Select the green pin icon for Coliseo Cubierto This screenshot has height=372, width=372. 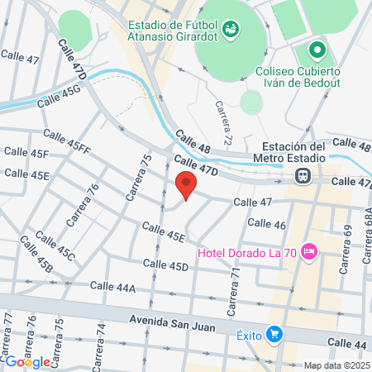316,50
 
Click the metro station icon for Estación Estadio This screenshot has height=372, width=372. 303,175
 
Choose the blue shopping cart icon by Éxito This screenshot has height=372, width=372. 275,333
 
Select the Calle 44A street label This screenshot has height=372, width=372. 114,288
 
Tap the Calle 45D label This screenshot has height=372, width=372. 166,265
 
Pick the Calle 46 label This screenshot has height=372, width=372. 267,223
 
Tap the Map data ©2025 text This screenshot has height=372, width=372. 336,365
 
